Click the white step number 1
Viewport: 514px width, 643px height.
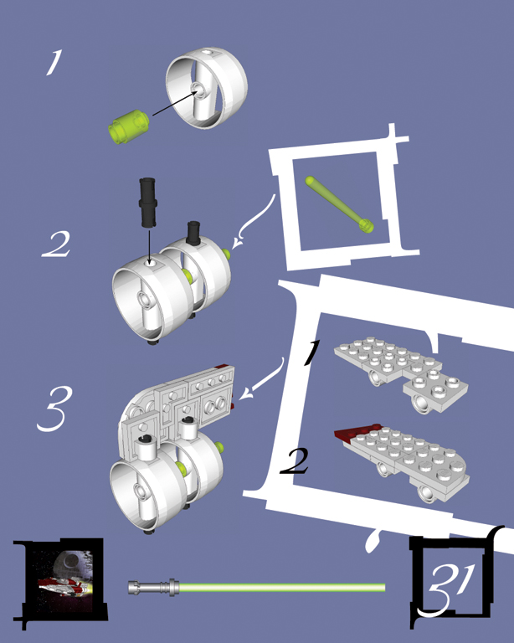pyautogui.click(x=54, y=62)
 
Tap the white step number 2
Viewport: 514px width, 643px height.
pyautogui.click(x=57, y=244)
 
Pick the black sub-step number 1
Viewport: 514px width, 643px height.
pyautogui.click(x=311, y=352)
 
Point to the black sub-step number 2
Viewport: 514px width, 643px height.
pyautogui.click(x=295, y=461)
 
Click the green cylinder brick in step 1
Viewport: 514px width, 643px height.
pyautogui.click(x=128, y=126)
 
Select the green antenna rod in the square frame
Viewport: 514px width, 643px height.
pyautogui.click(x=339, y=204)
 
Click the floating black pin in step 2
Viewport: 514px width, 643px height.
pyautogui.click(x=147, y=202)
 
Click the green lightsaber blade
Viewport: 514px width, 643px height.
pyautogui.click(x=282, y=588)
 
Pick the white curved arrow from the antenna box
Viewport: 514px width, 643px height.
pyautogui.click(x=254, y=222)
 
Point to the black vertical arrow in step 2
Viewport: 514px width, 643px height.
pyautogui.click(x=150, y=247)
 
